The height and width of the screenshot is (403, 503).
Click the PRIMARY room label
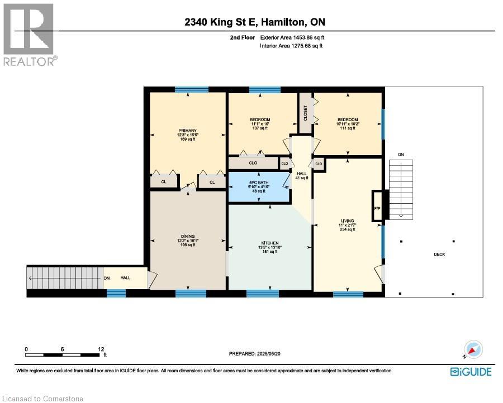point(187,131)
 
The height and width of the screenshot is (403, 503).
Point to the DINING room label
point(187,236)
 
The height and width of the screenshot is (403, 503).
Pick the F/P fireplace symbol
point(377,209)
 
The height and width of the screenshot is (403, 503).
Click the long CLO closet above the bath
point(253,163)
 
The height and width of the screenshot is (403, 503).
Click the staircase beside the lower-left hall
point(64,278)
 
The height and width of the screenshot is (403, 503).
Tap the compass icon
point(472,350)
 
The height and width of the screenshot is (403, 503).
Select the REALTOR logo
point(29,34)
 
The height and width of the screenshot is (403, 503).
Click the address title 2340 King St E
point(254,22)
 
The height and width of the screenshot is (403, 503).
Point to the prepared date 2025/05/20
point(258,353)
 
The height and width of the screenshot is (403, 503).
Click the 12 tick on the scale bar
point(101,349)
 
